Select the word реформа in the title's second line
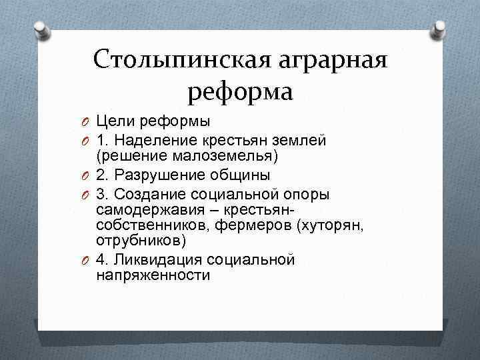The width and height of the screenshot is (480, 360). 240,92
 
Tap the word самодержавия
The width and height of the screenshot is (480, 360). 143,209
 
